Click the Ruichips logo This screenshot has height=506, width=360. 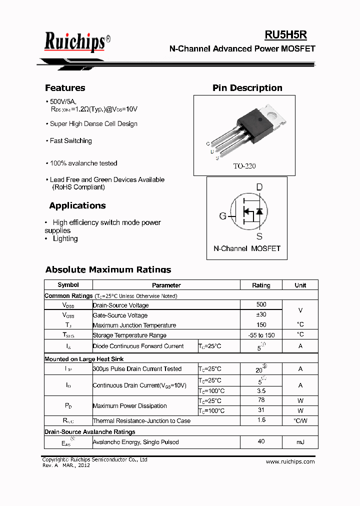tap(75, 42)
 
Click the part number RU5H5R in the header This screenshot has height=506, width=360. tap(285, 34)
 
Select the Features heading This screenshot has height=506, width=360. tap(65, 88)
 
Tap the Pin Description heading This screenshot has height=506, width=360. tap(247, 88)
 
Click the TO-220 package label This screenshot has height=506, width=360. tap(244, 166)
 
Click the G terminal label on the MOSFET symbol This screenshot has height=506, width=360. tap(222, 216)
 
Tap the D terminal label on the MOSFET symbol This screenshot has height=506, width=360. tap(259, 187)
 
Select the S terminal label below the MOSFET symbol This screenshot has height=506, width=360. tap(259, 236)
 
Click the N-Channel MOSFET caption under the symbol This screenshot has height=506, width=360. tap(247, 248)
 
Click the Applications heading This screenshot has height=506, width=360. tap(77, 205)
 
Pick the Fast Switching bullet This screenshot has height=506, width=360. tap(70, 141)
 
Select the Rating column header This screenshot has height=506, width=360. tap(261, 285)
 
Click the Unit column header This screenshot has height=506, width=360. tap(300, 285)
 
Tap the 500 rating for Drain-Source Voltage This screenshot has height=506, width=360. tap(261, 304)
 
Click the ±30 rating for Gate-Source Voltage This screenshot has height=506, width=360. tap(261, 315)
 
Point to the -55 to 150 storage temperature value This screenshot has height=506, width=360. tap(261, 335)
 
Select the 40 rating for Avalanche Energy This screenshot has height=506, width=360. tap(261, 441)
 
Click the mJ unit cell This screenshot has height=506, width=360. tap(300, 442)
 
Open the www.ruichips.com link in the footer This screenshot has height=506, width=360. tap(290, 461)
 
